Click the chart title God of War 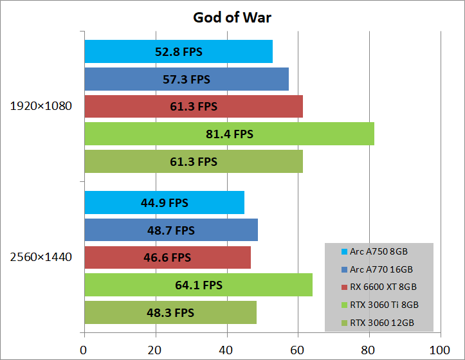232,17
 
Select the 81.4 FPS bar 229,134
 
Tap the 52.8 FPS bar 178,51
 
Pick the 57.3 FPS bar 186,79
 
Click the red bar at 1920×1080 193,107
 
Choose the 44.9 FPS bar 164,203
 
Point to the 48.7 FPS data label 171,230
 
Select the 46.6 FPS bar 167,258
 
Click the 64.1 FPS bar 198,285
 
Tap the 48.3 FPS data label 170,312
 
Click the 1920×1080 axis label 41,106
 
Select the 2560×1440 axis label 41,257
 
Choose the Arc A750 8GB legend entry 379,252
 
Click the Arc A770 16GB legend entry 381,269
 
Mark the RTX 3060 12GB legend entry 381,322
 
